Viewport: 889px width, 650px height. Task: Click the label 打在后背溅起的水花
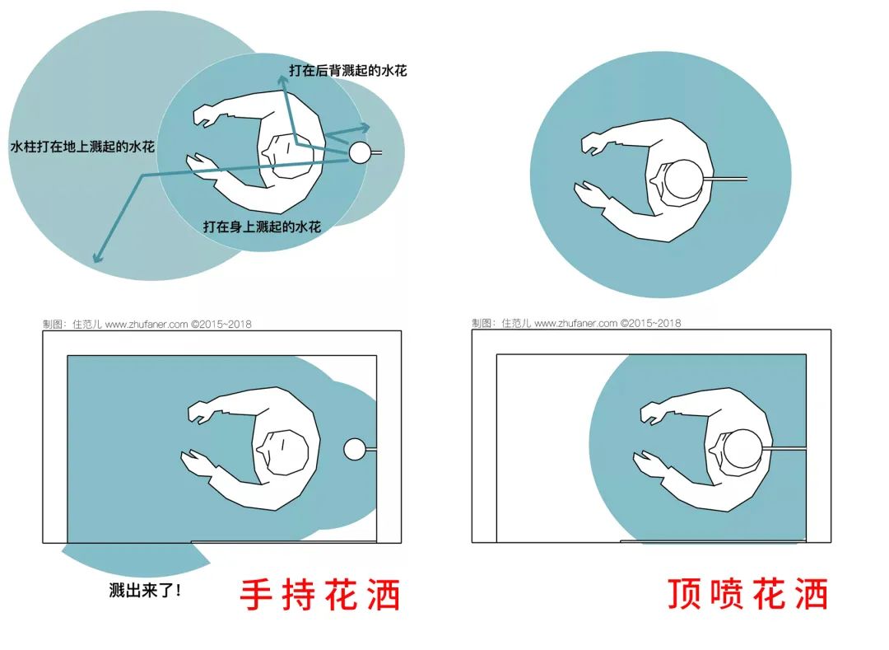[x=347, y=71]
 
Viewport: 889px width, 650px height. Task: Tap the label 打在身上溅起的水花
[x=262, y=226]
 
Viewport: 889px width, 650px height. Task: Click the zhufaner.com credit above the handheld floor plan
[x=147, y=324]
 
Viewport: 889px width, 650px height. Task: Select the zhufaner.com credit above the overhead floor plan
[x=576, y=323]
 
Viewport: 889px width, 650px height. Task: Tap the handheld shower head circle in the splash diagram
[x=360, y=152]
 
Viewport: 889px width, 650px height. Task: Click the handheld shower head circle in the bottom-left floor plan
[x=355, y=449]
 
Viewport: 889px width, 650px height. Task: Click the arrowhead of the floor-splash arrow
[x=96, y=258]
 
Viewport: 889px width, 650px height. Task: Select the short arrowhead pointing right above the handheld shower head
[x=365, y=127]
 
